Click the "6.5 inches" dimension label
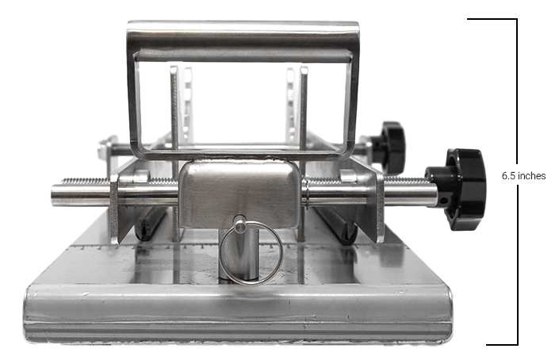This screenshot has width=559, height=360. pos(523,176)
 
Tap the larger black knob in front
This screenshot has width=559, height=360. pos(460,190)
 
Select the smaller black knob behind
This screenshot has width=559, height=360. pos(389,147)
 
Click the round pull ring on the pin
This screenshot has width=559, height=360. pos(251,253)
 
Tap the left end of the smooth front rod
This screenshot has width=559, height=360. pos(53,196)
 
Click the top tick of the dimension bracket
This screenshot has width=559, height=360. pos(492,19)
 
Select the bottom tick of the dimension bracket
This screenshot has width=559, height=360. pos(502,344)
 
